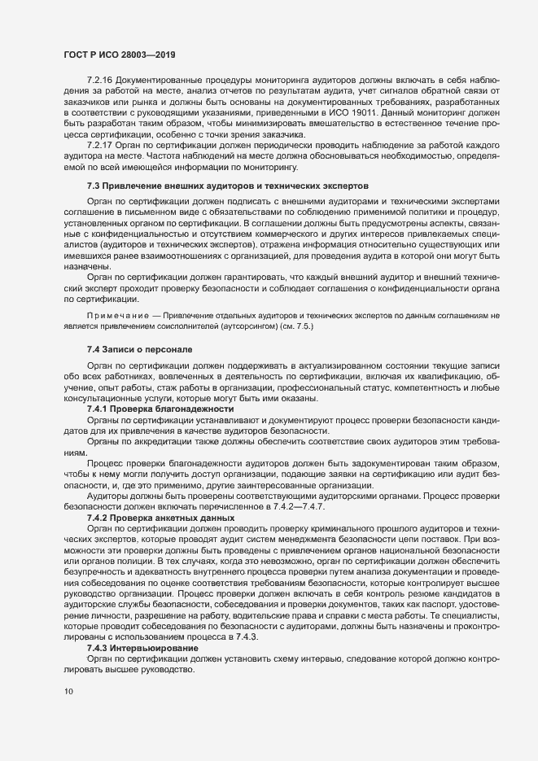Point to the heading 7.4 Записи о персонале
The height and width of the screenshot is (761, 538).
[x=139, y=349]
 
